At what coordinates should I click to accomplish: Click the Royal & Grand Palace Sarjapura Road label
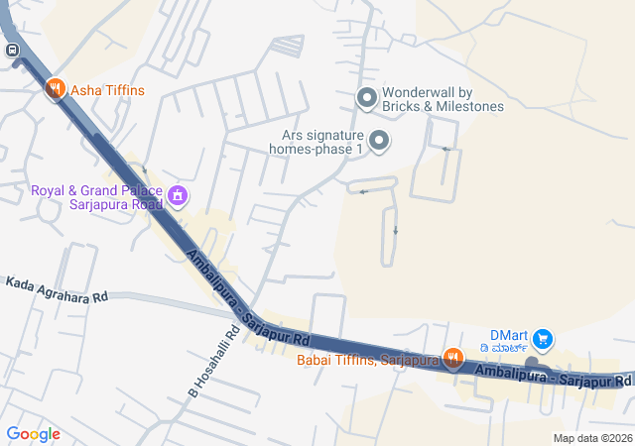pos(96,197)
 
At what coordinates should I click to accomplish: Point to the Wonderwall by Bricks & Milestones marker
pos(367,97)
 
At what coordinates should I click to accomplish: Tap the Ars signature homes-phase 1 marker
pos(379,142)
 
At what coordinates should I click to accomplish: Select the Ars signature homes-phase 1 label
pos(316,142)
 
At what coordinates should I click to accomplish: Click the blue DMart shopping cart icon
pos(542,339)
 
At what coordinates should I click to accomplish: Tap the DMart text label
pos(511,335)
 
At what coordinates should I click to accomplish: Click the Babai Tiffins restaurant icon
pos(452,359)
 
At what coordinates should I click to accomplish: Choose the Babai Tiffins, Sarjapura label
pos(367,360)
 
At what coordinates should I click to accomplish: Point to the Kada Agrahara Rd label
pos(56,289)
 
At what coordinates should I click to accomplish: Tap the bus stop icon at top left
pos(12,51)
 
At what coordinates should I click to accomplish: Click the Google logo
pos(33,434)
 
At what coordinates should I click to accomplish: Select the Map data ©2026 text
pos(591,438)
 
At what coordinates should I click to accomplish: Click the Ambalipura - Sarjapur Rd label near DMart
pos(553,376)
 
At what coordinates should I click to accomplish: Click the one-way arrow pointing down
pos(396,231)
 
